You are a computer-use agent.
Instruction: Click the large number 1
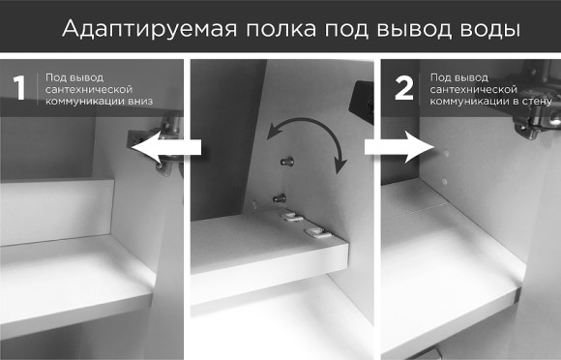pos(18,89)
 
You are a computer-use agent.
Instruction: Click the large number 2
pos(403,89)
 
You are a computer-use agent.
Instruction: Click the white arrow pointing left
pos(165,148)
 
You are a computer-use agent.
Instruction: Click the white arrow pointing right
pos(397,147)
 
